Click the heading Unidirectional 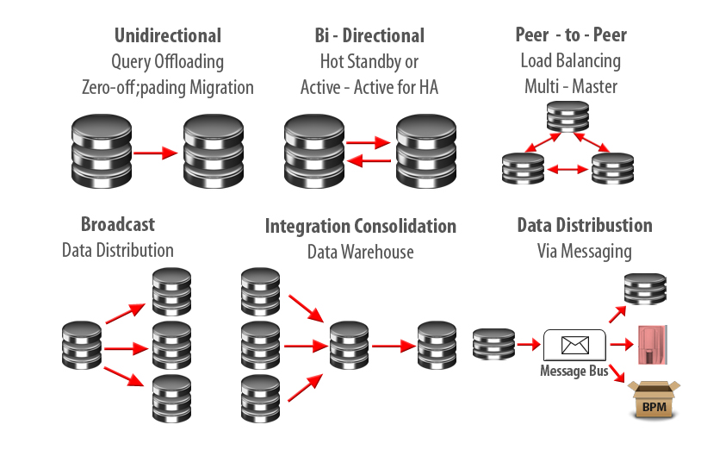[x=167, y=36]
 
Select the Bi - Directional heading [x=369, y=36]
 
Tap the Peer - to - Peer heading [x=570, y=36]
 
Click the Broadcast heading [x=118, y=224]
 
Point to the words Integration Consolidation [x=360, y=226]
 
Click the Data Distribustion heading [x=585, y=225]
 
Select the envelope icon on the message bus [x=574, y=346]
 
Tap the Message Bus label [x=574, y=371]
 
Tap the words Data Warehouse [x=360, y=252]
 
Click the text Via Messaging [x=585, y=252]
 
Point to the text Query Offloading [x=167, y=62]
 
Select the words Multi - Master [x=570, y=87]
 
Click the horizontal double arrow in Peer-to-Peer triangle [x=568, y=169]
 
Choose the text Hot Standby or [x=369, y=62]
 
